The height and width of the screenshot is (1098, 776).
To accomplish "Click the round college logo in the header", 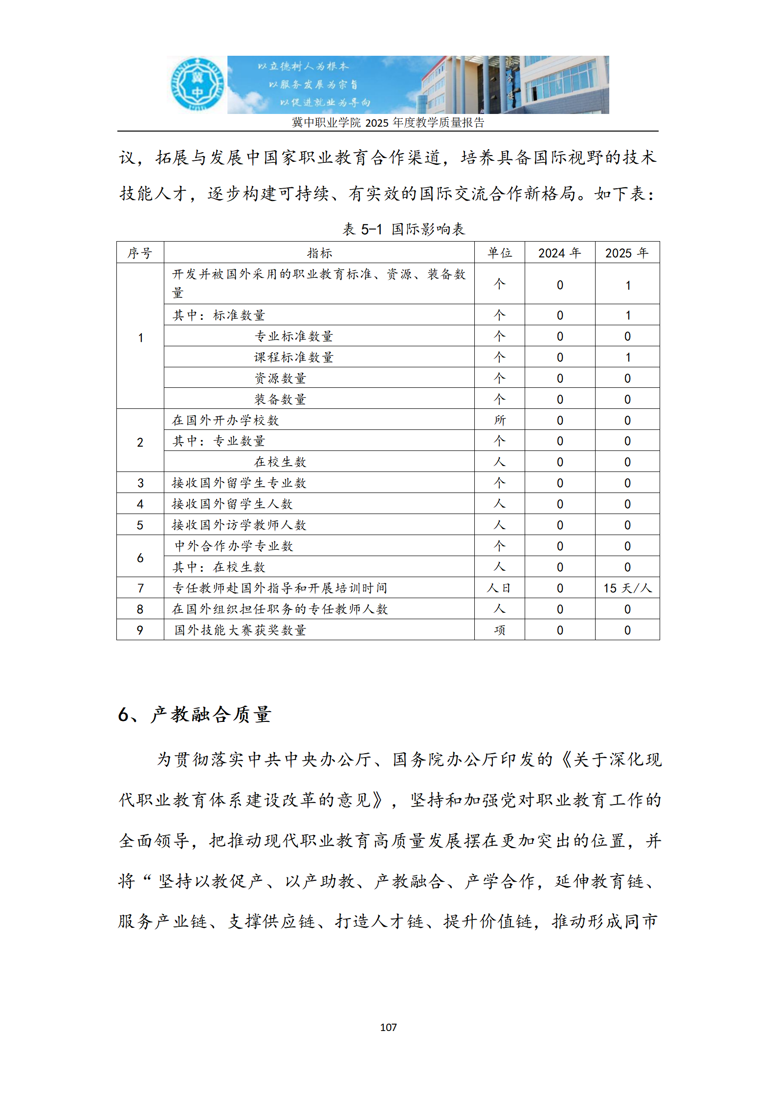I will point(197,84).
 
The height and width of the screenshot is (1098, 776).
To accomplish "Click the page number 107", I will point(388,1027).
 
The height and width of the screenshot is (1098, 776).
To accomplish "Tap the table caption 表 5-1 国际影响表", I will point(403,229).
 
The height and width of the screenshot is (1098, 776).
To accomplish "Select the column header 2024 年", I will point(559,253).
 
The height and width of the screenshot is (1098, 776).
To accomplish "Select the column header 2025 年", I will point(627,253).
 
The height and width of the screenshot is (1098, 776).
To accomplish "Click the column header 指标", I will point(319,253).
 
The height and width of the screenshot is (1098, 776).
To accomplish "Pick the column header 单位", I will point(499,253).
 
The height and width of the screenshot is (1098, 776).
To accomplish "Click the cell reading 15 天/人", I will point(627,588).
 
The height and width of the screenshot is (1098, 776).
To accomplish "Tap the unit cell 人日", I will point(499,588).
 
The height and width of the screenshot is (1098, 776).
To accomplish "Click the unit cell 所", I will point(499,420).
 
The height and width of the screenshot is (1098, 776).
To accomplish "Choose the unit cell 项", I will point(499,630).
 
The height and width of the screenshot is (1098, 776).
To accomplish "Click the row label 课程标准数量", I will point(293,358).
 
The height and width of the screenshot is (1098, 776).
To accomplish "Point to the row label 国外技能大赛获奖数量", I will point(240,630).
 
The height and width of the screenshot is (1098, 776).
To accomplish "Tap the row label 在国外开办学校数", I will point(225,420).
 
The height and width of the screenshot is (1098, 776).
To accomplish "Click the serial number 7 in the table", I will point(140,588).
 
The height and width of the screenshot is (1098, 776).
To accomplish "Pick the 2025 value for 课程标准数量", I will point(627,358).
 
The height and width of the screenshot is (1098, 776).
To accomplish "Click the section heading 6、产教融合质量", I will point(194,715).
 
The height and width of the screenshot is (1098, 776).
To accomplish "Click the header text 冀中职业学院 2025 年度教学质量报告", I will point(388,123).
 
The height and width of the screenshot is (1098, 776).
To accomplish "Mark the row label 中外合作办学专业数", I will point(234,546).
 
